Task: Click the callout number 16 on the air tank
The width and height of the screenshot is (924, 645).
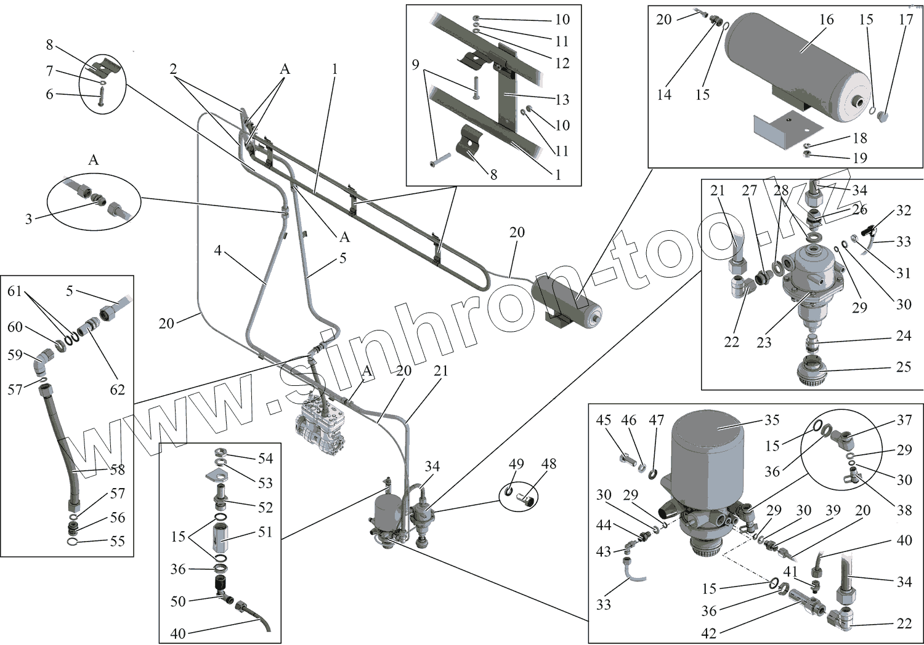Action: pyautogui.click(x=826, y=20)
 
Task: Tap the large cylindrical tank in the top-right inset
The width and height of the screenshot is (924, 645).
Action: pyautogui.click(x=798, y=68)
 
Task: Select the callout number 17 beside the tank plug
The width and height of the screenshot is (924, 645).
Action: pyautogui.click(x=906, y=20)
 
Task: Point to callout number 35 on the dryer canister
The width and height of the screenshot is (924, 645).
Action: pyautogui.click(x=772, y=420)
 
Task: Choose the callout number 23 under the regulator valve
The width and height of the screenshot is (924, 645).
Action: pyautogui.click(x=764, y=343)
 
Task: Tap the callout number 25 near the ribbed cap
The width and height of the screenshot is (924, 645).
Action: pyautogui.click(x=903, y=367)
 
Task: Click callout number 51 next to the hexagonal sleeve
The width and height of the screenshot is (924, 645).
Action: pyautogui.click(x=265, y=532)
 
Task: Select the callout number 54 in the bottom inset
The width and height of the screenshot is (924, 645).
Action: pyautogui.click(x=265, y=459)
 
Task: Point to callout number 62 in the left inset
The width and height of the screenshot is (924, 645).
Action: pyautogui.click(x=117, y=390)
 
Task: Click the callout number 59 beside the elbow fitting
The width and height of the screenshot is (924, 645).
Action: pyautogui.click(x=15, y=355)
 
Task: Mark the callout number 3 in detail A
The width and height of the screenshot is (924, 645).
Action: pyautogui.click(x=28, y=219)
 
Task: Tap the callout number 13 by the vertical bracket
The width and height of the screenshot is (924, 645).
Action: pyautogui.click(x=562, y=100)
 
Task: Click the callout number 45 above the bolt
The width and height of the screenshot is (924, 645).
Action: pyautogui.click(x=603, y=420)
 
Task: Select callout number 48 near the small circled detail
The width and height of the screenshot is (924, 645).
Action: pyautogui.click(x=548, y=463)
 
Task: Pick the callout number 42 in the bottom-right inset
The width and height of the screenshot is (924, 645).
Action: pyautogui.click(x=709, y=633)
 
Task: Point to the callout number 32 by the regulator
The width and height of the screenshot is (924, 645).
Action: pyautogui.click(x=903, y=210)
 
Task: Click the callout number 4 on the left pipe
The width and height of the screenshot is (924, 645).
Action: pyautogui.click(x=217, y=251)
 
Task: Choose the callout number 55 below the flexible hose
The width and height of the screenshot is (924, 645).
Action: pyautogui.click(x=117, y=542)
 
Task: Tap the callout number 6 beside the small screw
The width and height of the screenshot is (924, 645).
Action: pyautogui.click(x=49, y=94)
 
